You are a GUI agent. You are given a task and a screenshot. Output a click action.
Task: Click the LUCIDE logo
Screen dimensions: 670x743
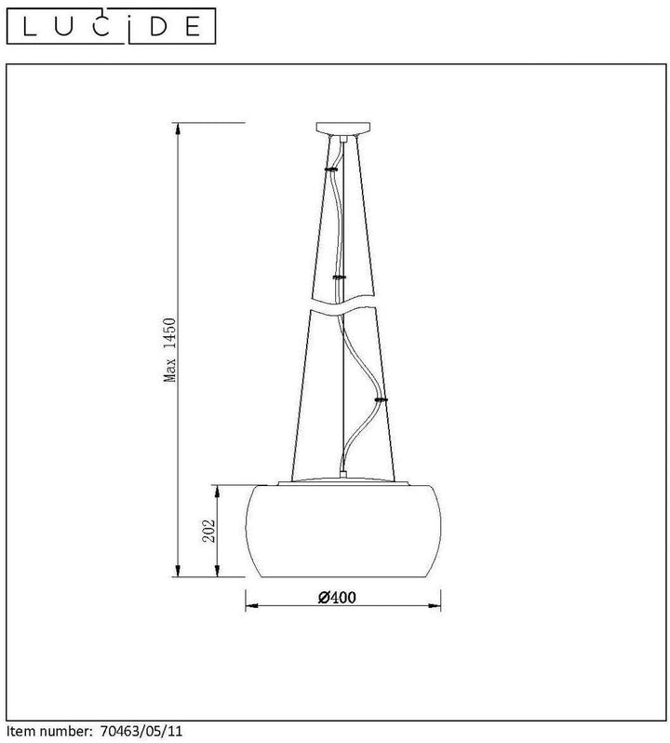[x=112, y=26]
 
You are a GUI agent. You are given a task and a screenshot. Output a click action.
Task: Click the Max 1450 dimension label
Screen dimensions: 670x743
[x=169, y=350]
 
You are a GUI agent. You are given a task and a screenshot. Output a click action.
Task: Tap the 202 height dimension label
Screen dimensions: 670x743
[x=208, y=531]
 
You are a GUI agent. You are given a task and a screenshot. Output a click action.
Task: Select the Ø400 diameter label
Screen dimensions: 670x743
[x=337, y=597]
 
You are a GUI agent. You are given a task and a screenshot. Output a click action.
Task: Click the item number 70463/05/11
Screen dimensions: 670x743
[x=141, y=730]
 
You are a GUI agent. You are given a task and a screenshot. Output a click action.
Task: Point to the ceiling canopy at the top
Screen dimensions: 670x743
[x=343, y=128]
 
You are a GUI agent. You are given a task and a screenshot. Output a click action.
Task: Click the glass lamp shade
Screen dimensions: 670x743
[x=343, y=532]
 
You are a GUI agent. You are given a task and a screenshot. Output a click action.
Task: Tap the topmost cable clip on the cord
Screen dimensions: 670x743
[x=331, y=169]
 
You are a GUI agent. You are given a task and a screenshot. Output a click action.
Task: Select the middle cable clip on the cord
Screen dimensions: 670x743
[x=340, y=277]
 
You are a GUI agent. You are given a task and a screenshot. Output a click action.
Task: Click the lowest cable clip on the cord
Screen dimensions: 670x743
[x=381, y=400]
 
